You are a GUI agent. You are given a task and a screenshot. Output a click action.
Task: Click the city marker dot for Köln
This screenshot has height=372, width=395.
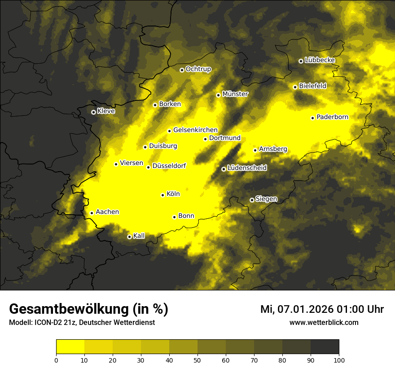(x=162, y=195)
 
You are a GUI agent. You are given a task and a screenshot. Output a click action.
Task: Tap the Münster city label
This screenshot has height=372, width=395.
(x=235, y=94)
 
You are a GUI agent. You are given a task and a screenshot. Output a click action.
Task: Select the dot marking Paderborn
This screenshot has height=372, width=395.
(x=312, y=118)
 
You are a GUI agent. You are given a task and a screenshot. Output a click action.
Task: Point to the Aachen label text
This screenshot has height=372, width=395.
(x=107, y=212)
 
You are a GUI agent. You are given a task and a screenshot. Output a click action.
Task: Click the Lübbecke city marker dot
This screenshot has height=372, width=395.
(x=301, y=61)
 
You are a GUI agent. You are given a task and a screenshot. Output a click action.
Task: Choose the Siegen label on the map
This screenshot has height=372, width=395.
(x=266, y=199)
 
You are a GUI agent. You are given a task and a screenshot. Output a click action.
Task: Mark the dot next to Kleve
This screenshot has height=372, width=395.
(x=93, y=112)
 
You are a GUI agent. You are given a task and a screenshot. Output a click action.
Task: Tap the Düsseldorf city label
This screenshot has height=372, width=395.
(x=169, y=166)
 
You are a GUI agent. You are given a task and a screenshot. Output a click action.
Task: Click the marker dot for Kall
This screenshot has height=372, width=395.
(x=129, y=237)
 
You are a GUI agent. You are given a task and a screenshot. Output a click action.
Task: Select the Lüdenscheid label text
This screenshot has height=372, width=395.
(x=247, y=168)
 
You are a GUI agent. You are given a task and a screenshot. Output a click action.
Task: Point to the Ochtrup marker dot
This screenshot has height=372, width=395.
(x=182, y=70)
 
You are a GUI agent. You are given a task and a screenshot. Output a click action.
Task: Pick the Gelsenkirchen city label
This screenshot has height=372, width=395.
(x=195, y=130)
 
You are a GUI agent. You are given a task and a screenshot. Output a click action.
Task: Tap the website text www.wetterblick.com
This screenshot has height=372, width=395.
(x=324, y=323)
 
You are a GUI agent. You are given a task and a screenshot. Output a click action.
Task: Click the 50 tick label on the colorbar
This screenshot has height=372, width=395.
(x=197, y=360)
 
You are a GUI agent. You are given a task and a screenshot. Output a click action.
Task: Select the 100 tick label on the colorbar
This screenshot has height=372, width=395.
(x=339, y=360)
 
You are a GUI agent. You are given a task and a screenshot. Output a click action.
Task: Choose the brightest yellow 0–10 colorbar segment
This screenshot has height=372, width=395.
(x=70, y=346)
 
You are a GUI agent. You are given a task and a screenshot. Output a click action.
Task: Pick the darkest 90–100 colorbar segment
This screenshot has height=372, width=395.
(x=325, y=346)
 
